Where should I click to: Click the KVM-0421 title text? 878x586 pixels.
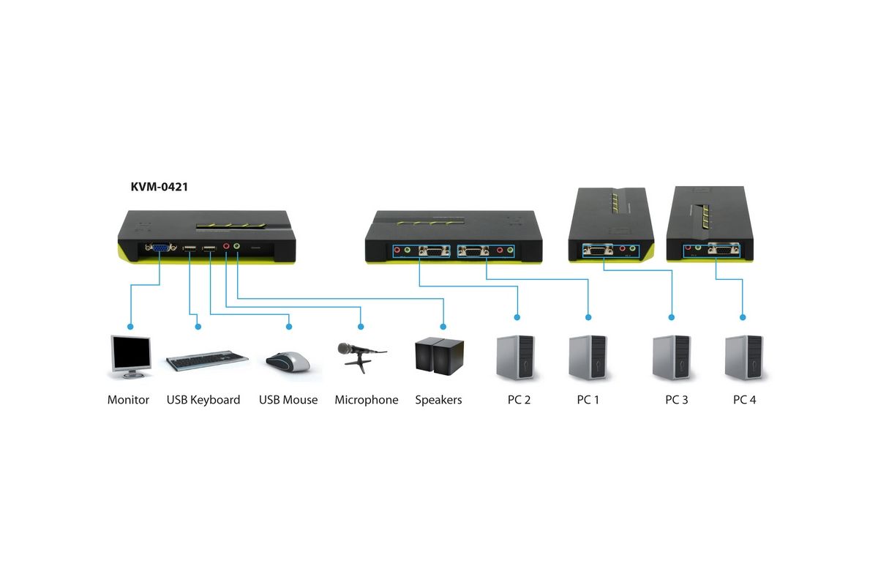(160, 187)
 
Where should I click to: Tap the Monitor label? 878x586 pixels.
(128, 400)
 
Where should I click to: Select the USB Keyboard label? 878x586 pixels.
(203, 400)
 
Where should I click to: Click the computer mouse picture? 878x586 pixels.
(288, 362)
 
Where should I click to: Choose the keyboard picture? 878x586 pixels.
(207, 360)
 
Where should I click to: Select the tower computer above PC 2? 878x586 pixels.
(516, 357)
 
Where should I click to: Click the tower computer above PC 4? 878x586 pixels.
(744, 357)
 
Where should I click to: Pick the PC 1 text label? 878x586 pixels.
(588, 400)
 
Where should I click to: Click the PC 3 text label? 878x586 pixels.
(677, 400)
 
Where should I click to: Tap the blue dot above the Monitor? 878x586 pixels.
(130, 327)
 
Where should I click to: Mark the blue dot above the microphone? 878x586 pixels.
(361, 327)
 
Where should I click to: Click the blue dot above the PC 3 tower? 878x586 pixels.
(672, 317)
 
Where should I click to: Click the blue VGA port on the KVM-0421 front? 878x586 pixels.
(160, 248)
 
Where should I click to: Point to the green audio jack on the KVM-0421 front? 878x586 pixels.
(236, 246)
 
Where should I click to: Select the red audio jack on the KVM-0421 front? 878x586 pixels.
(226, 246)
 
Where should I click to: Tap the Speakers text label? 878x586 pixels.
(438, 400)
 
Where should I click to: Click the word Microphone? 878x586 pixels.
(367, 400)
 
